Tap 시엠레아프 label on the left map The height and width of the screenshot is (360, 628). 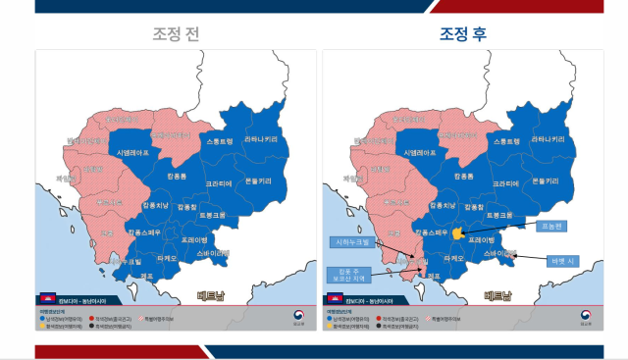click(x=132, y=154)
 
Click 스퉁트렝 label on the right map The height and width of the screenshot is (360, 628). click(x=506, y=142)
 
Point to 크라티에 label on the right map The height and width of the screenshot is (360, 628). click(x=506, y=183)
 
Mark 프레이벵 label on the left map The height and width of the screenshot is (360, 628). click(x=194, y=238)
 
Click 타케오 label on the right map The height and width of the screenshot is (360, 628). click(x=454, y=257)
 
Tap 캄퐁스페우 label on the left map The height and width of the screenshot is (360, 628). click(x=145, y=232)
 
